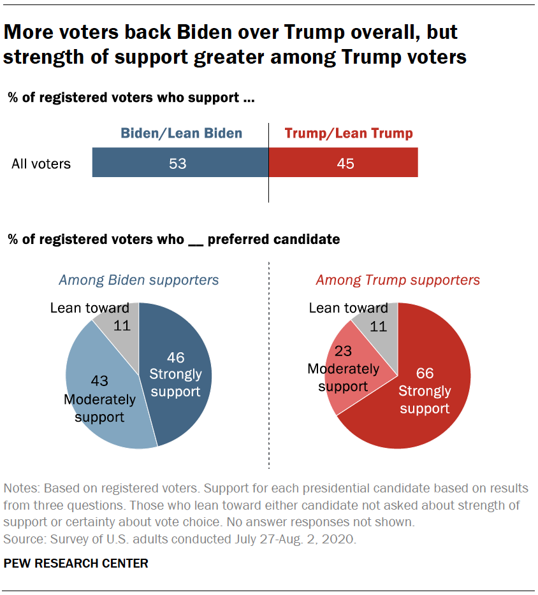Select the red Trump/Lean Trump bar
coord(382,163)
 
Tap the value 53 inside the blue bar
coord(177,164)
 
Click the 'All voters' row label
coord(41,164)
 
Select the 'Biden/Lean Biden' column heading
coord(182,133)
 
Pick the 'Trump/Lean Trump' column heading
coord(349,133)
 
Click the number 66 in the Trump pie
coord(425,373)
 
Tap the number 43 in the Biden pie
coord(100,381)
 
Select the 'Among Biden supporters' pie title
coord(138,280)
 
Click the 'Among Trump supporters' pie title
coord(398,280)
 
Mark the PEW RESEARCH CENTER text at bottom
coord(76,563)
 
